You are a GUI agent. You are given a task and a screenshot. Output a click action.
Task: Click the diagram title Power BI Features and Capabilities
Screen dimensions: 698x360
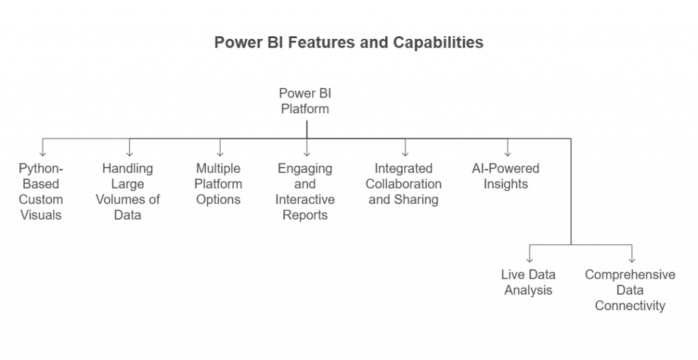348,42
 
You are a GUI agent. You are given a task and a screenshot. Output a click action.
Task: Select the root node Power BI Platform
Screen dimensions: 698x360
305,101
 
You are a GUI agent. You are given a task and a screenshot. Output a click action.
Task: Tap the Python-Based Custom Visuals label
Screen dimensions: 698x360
40,192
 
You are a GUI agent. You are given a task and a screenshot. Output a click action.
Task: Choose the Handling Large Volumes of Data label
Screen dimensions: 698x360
127,192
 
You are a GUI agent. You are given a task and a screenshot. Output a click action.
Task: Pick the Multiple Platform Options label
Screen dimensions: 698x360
219,184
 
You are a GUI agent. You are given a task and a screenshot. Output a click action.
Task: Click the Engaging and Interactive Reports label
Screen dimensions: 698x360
305,192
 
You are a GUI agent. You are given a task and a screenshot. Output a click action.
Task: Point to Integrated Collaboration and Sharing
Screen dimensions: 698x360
404,184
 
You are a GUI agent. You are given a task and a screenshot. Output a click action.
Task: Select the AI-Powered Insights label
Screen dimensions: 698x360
506,176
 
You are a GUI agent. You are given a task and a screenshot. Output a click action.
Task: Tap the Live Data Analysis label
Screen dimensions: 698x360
528,282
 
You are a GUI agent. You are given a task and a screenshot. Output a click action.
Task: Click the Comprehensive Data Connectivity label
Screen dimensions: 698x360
630,290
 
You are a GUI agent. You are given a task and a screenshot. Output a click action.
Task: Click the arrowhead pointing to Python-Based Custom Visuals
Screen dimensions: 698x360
43,153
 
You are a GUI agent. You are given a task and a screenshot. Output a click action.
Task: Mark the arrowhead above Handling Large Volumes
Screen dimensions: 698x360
130,153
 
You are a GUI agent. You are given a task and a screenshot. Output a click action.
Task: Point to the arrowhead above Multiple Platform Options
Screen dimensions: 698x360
220,153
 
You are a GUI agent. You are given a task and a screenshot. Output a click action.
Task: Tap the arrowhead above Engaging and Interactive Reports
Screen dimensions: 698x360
307,153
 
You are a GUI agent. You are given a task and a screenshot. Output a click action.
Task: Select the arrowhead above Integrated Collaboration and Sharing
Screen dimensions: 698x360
405,153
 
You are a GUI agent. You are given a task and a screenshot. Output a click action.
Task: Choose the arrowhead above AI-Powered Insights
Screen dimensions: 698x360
507,153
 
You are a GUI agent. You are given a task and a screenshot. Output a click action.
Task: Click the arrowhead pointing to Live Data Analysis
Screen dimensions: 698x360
530,260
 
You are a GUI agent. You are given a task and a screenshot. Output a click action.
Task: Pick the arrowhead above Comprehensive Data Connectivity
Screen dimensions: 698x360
632,260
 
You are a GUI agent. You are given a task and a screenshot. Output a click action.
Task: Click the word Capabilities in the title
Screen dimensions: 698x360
438,42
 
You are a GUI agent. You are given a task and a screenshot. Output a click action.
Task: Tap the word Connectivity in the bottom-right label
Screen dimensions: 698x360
630,305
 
